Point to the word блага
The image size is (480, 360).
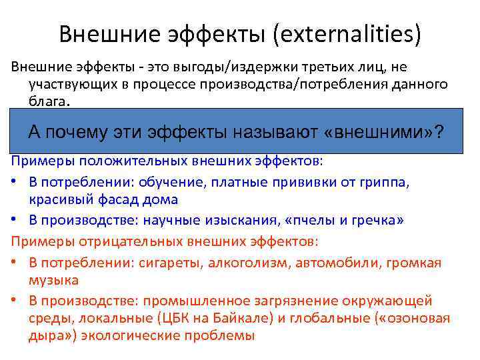tap(47, 102)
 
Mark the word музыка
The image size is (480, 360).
tap(53, 279)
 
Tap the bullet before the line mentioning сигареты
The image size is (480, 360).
tap(13, 262)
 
